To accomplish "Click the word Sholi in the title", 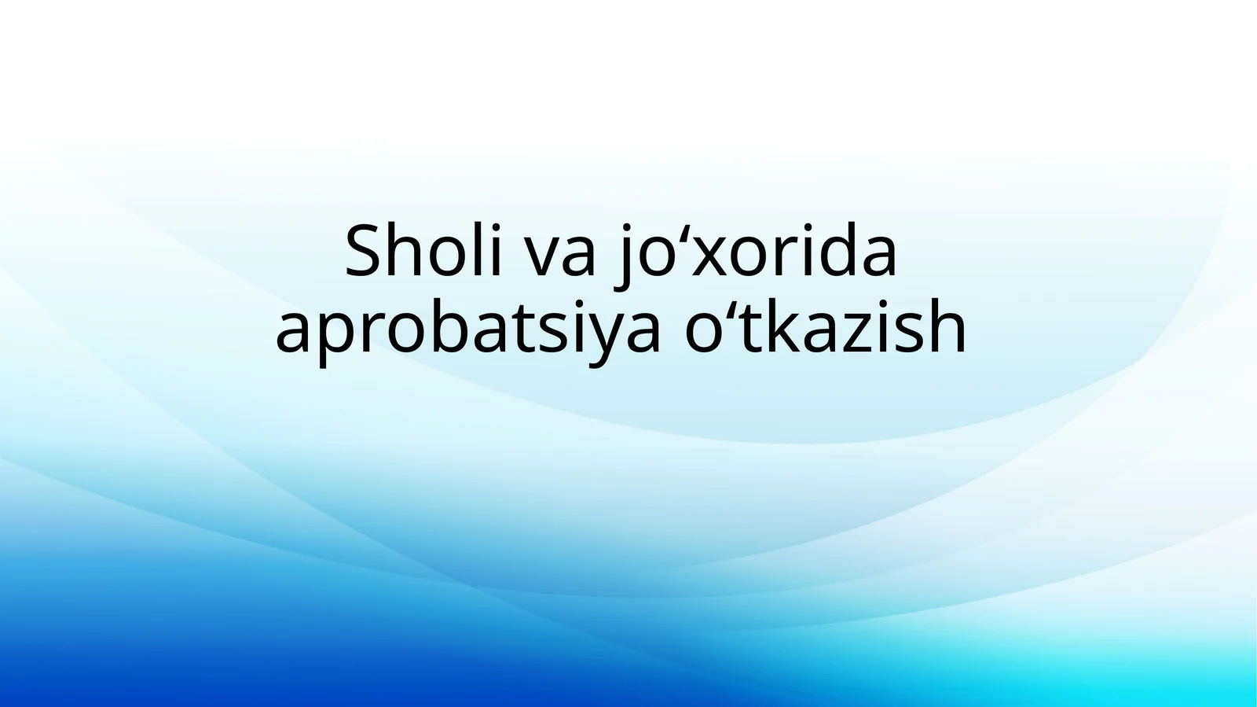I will (423, 251).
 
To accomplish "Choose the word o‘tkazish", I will (825, 329).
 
